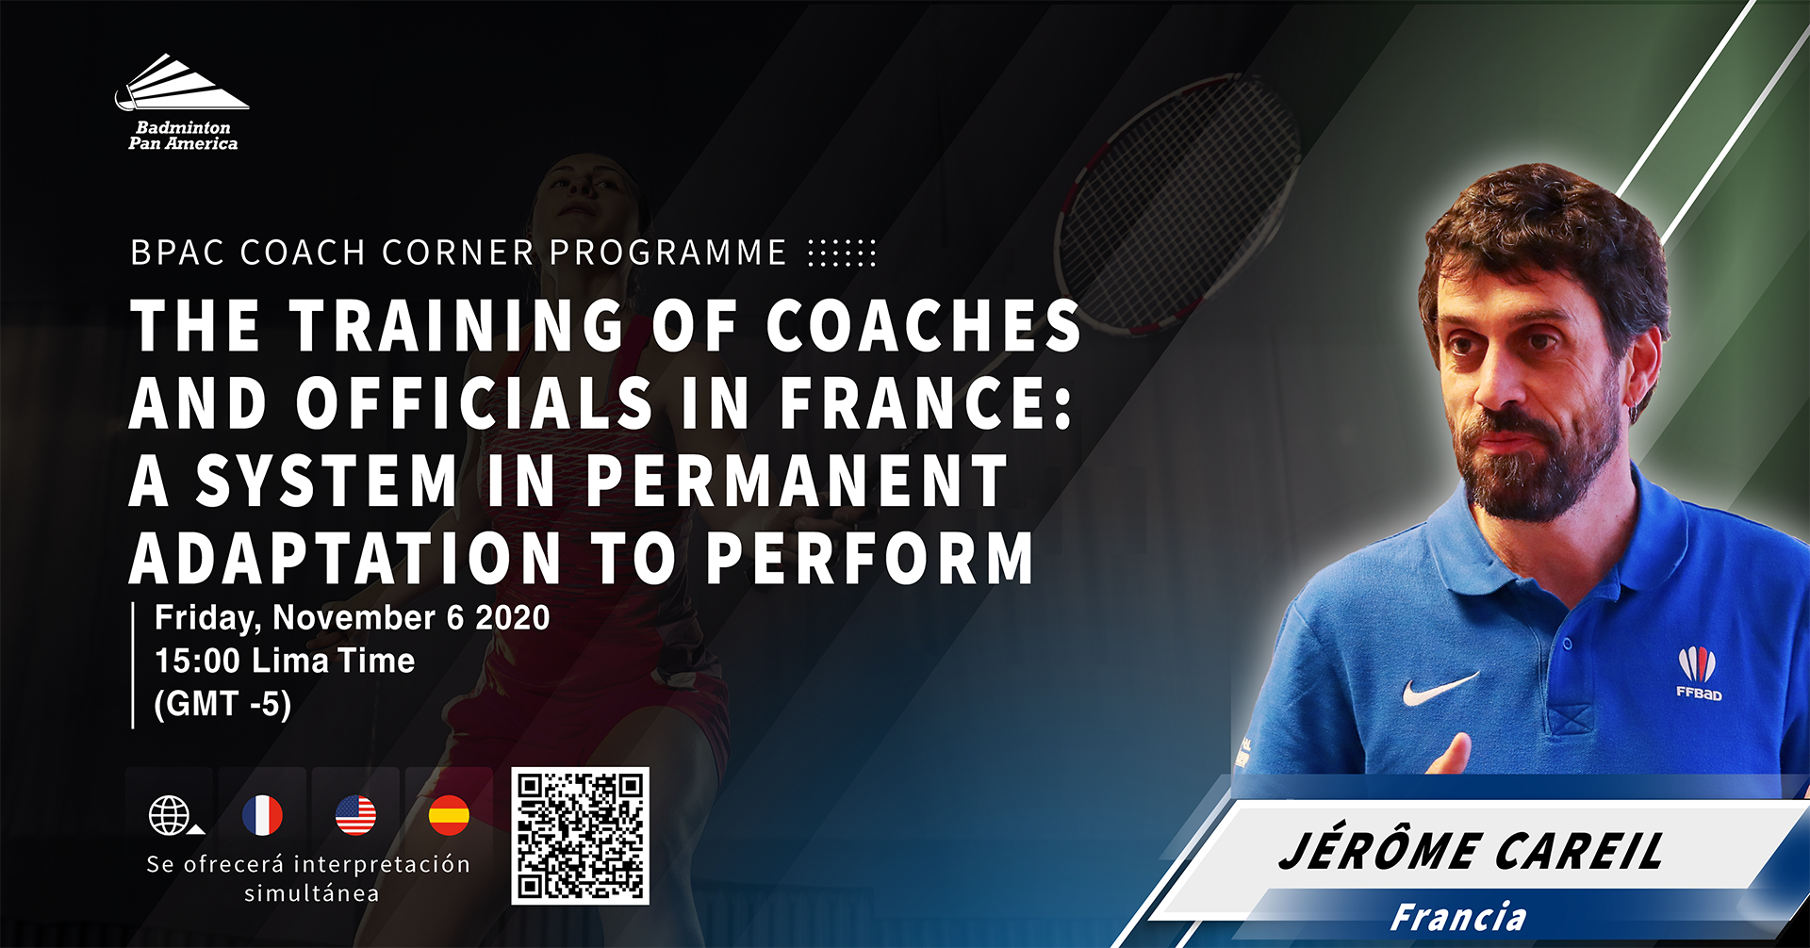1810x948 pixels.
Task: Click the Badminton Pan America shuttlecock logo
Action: [182, 102]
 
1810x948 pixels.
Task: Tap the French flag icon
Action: [262, 815]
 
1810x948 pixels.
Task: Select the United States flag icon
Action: [355, 815]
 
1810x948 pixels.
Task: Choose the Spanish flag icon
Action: [449, 815]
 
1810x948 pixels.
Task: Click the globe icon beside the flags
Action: [171, 815]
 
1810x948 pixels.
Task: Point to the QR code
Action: [580, 836]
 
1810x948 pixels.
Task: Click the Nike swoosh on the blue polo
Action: [1439, 690]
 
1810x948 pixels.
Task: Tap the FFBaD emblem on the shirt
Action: [1698, 673]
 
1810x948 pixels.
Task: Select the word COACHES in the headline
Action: [923, 325]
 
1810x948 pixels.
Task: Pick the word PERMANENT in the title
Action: [797, 482]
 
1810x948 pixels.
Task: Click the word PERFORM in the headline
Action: [869, 558]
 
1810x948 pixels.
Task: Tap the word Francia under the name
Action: [1458, 917]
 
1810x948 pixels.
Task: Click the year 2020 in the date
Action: [513, 618]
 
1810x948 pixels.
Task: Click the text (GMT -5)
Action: [222, 704]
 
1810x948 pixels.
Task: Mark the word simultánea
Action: [312, 893]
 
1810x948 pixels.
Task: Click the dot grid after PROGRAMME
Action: [842, 253]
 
